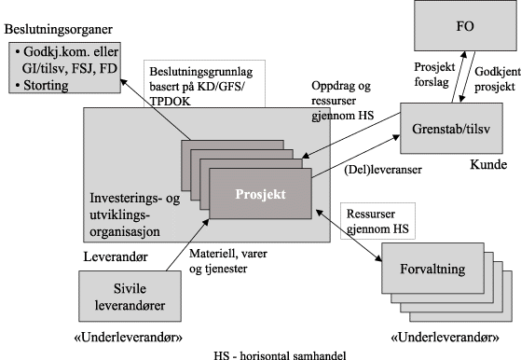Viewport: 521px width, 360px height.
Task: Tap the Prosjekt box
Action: tap(261, 195)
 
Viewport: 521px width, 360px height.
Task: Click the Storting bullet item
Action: tap(46, 86)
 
